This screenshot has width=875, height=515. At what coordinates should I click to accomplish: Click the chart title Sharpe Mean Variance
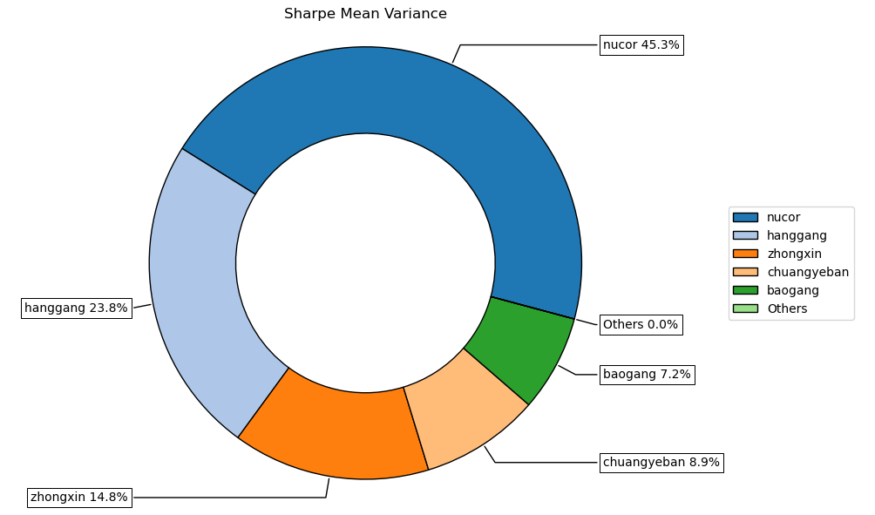point(365,14)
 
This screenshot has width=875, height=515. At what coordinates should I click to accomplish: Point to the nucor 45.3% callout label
point(641,44)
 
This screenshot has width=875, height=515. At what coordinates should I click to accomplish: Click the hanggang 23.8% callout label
point(76,308)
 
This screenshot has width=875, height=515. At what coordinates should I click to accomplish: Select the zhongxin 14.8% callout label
point(79,498)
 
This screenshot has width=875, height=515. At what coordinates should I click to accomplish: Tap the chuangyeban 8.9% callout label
point(661,462)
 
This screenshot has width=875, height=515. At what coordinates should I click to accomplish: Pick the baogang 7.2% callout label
point(647,375)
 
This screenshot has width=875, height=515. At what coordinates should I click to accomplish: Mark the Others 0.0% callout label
point(641,325)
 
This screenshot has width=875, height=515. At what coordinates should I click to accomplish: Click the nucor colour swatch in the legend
point(745,217)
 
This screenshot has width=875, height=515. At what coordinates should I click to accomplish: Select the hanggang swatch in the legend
point(745,235)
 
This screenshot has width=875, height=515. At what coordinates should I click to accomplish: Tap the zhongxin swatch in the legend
point(745,254)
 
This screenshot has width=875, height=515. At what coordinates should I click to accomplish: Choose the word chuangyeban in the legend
point(808,272)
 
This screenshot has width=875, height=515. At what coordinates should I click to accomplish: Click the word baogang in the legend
point(793,290)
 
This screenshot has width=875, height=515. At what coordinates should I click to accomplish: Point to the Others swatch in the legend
point(745,308)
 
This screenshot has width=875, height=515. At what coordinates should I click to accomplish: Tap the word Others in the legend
point(787,308)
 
